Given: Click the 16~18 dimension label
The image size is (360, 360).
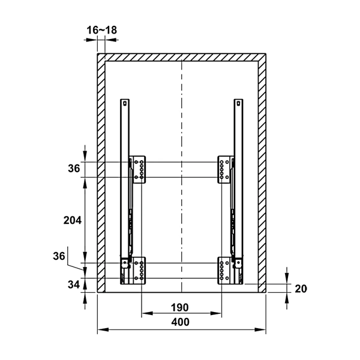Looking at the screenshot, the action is click(x=102, y=30).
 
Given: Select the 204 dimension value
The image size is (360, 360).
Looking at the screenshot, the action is click(x=73, y=220).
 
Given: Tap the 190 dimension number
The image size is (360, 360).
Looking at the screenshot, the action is click(x=180, y=308).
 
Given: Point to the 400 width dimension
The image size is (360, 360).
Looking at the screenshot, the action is click(x=181, y=322).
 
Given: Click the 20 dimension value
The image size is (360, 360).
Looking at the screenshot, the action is click(x=301, y=289).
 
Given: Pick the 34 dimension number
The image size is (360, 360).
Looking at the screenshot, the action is click(x=74, y=284).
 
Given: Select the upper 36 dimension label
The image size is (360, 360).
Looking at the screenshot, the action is click(x=74, y=169).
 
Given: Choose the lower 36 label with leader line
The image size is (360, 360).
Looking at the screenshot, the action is click(x=59, y=256).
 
